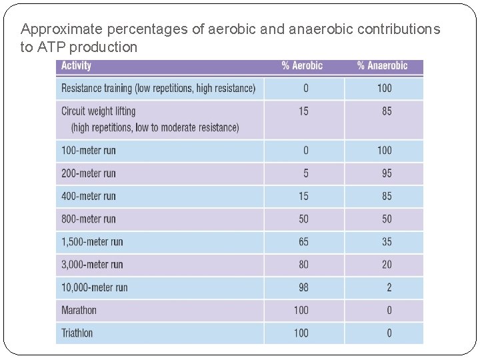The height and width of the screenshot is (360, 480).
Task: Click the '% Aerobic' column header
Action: pos(302,66)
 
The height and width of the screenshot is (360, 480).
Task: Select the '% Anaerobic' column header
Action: pos(382,66)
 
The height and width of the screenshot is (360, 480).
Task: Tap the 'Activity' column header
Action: pos(76,66)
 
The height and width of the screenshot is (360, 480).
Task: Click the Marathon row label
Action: pos(79,310)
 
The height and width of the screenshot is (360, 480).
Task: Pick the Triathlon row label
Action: pos(77,333)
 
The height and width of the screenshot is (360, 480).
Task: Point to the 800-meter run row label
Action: pos(89,219)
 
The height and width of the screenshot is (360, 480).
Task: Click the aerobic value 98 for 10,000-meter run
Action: pos(303,287)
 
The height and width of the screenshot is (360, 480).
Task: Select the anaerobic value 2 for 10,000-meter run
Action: pos(389,287)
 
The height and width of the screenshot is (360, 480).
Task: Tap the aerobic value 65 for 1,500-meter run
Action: pos(303,241)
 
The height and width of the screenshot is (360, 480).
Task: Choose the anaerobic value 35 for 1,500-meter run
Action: pos(387,241)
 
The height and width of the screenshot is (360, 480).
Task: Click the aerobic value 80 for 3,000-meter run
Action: pos(303,265)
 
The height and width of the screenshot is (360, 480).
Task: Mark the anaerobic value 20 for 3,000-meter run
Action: pos(387,265)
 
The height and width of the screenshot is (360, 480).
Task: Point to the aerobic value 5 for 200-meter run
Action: pos(306,173)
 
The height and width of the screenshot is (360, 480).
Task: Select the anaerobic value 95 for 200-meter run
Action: pos(387,173)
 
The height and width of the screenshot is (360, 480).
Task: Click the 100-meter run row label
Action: pos(89,151)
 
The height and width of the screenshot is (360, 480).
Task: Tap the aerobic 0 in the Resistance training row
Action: pos(306,88)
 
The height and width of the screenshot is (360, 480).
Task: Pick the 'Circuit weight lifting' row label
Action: pos(98,111)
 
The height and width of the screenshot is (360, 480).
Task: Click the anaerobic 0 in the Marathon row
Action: pos(389,310)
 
